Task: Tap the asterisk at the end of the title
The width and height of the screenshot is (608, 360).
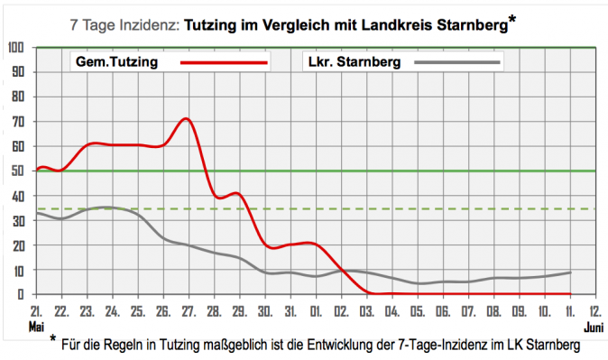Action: tap(512, 20)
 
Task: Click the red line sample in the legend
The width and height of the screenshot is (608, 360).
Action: tap(224, 63)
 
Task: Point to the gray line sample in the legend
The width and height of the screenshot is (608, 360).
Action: tap(456, 63)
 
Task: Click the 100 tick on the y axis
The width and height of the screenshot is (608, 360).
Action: tap(16, 47)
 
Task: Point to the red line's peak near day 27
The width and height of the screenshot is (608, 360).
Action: tap(186, 118)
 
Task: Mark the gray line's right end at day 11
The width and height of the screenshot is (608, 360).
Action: tap(569, 272)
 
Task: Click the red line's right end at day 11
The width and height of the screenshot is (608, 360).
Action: tap(569, 293)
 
